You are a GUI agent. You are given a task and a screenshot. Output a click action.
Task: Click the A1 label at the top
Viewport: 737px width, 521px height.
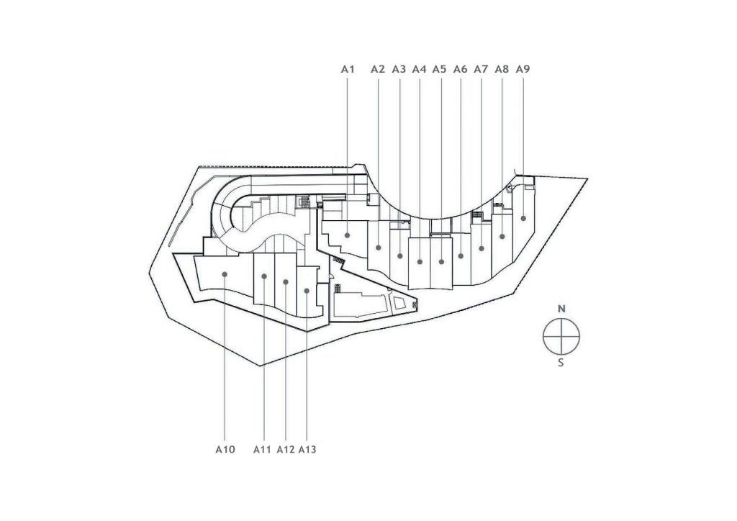[348, 69]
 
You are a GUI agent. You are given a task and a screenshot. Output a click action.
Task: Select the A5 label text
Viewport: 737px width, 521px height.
[439, 69]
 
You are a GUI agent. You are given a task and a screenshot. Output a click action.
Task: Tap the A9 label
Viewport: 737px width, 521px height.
[523, 69]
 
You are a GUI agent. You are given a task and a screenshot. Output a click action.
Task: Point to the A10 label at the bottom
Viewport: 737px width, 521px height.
[225, 450]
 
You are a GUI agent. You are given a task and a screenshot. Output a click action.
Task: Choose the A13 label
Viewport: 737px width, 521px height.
[307, 450]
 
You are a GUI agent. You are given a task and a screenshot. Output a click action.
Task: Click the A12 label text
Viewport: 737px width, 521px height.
[286, 450]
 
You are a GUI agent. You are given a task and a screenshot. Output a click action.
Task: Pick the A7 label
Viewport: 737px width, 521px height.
[481, 69]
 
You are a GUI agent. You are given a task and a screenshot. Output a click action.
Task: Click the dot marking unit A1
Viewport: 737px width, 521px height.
[348, 235]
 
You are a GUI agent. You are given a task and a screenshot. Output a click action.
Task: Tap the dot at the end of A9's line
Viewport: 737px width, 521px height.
[523, 219]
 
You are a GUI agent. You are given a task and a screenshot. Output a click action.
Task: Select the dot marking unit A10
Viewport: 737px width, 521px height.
[225, 274]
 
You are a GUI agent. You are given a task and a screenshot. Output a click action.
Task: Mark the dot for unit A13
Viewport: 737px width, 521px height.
[307, 291]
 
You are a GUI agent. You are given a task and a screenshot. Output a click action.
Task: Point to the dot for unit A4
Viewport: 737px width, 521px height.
[420, 262]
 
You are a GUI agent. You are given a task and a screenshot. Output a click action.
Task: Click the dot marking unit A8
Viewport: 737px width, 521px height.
[502, 236]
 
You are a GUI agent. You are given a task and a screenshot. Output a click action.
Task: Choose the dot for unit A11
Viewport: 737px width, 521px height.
[264, 276]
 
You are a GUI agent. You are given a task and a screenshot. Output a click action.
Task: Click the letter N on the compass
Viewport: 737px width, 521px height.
[561, 309]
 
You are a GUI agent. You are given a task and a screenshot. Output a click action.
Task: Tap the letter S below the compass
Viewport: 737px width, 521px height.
[561, 363]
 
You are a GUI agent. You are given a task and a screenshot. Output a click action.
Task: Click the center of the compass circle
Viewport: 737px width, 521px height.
[561, 336]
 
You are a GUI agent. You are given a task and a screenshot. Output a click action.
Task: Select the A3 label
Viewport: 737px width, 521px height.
[399, 69]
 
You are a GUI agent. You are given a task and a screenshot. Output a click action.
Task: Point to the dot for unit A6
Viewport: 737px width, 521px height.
[461, 256]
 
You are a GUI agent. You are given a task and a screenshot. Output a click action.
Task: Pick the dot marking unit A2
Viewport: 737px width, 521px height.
[379, 248]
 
